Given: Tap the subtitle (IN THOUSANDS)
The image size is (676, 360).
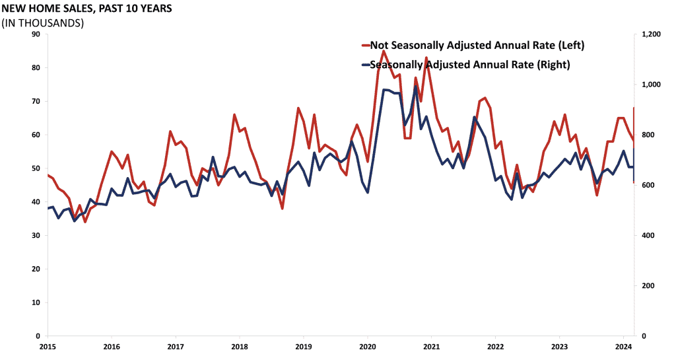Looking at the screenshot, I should [43, 23].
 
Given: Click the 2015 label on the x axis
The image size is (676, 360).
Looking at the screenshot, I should [48, 347].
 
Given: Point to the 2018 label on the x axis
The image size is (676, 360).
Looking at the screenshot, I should [239, 347].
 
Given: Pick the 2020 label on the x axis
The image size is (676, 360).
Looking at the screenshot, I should [367, 347].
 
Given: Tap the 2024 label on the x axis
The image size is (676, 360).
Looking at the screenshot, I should [623, 347].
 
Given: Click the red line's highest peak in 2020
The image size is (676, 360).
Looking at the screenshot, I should [383, 51].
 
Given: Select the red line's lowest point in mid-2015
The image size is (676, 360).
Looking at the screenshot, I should [85, 222].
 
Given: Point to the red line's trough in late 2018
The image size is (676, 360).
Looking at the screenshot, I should [282, 209].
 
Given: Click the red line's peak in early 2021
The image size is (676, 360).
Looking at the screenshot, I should [426, 58].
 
